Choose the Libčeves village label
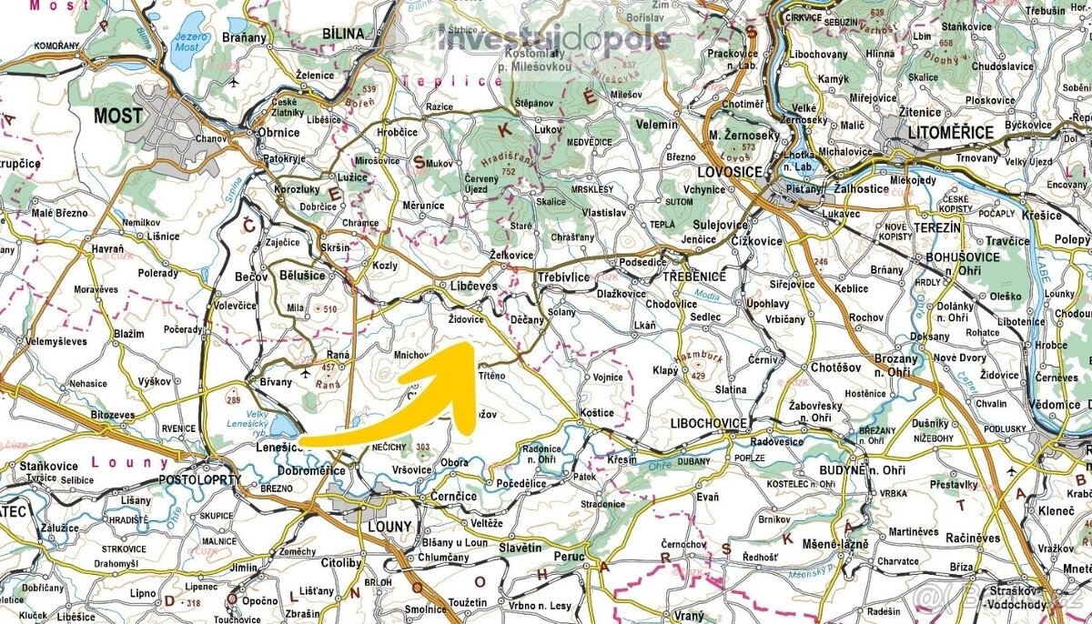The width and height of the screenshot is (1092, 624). tap(474, 287)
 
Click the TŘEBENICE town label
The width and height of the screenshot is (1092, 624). tap(694, 276)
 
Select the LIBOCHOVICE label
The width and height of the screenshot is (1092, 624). tap(708, 424)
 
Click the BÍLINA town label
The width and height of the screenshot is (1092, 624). tap(343, 34)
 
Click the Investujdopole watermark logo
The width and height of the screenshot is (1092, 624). tap(553, 39)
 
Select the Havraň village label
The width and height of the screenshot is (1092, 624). tap(107, 248)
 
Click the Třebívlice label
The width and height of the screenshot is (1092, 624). tap(565, 276)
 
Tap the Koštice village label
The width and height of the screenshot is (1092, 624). tap(596, 413)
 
